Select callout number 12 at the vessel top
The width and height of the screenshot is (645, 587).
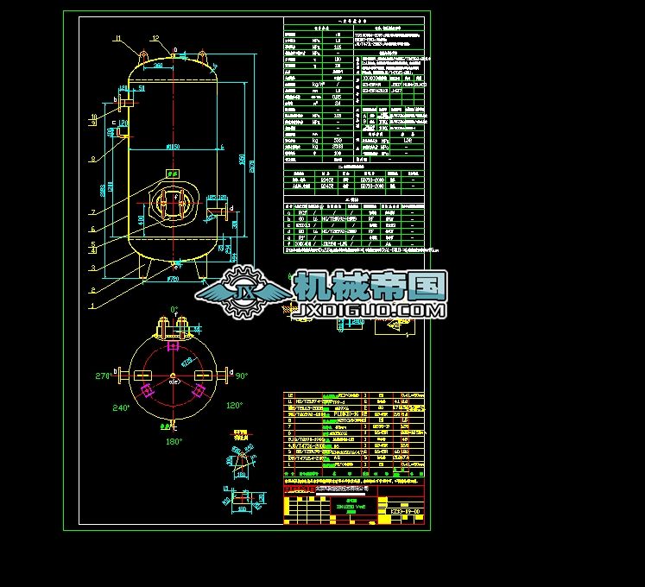(155, 38)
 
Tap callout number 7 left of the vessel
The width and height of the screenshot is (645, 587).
(92, 211)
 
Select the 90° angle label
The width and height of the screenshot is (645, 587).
(242, 376)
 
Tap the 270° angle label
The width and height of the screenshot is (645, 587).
(104, 376)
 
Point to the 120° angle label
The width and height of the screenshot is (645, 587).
(234, 405)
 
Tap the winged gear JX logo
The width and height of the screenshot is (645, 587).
(244, 293)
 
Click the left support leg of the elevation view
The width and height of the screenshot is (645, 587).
(147, 268)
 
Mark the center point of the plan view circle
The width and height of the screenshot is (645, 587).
(173, 376)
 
